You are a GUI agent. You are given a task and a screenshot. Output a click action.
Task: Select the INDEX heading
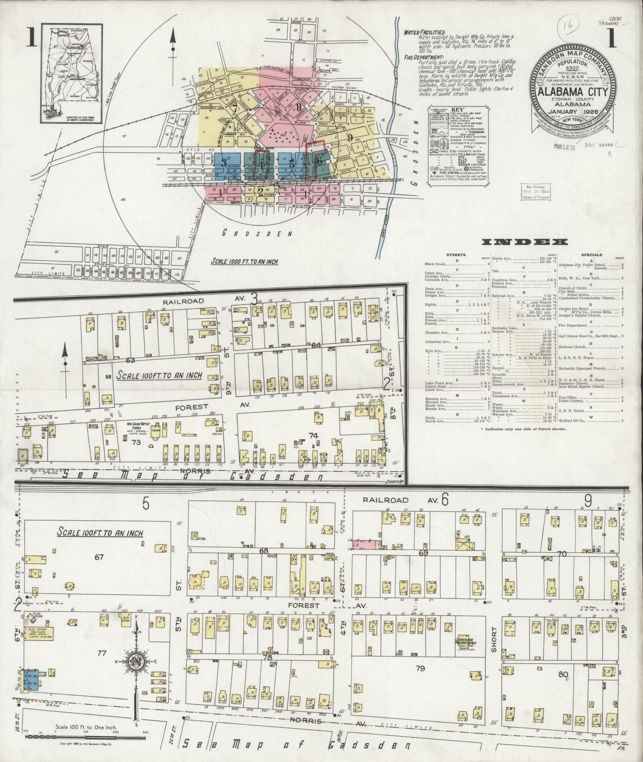click(525, 242)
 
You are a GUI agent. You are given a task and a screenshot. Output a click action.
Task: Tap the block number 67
click(98, 557)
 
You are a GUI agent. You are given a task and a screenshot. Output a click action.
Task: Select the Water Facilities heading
click(425, 33)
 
